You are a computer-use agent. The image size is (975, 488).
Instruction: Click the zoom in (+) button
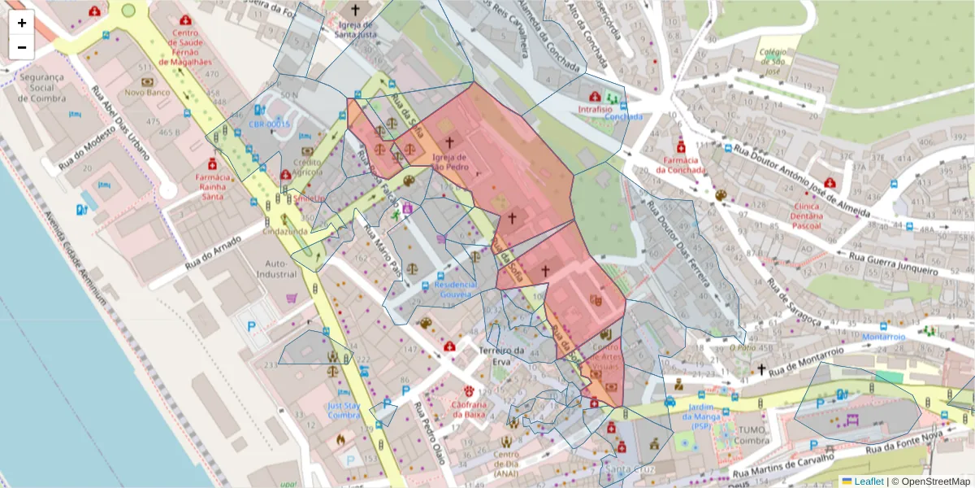[x=22, y=23]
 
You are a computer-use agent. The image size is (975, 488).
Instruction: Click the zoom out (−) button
[x=22, y=47]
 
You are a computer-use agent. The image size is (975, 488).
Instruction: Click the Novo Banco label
[x=146, y=93]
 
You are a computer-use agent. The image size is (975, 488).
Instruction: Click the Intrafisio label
[x=600, y=107]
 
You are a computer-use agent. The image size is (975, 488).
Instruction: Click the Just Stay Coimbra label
[x=344, y=410]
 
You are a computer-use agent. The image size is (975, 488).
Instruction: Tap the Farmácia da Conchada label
[x=679, y=164]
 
